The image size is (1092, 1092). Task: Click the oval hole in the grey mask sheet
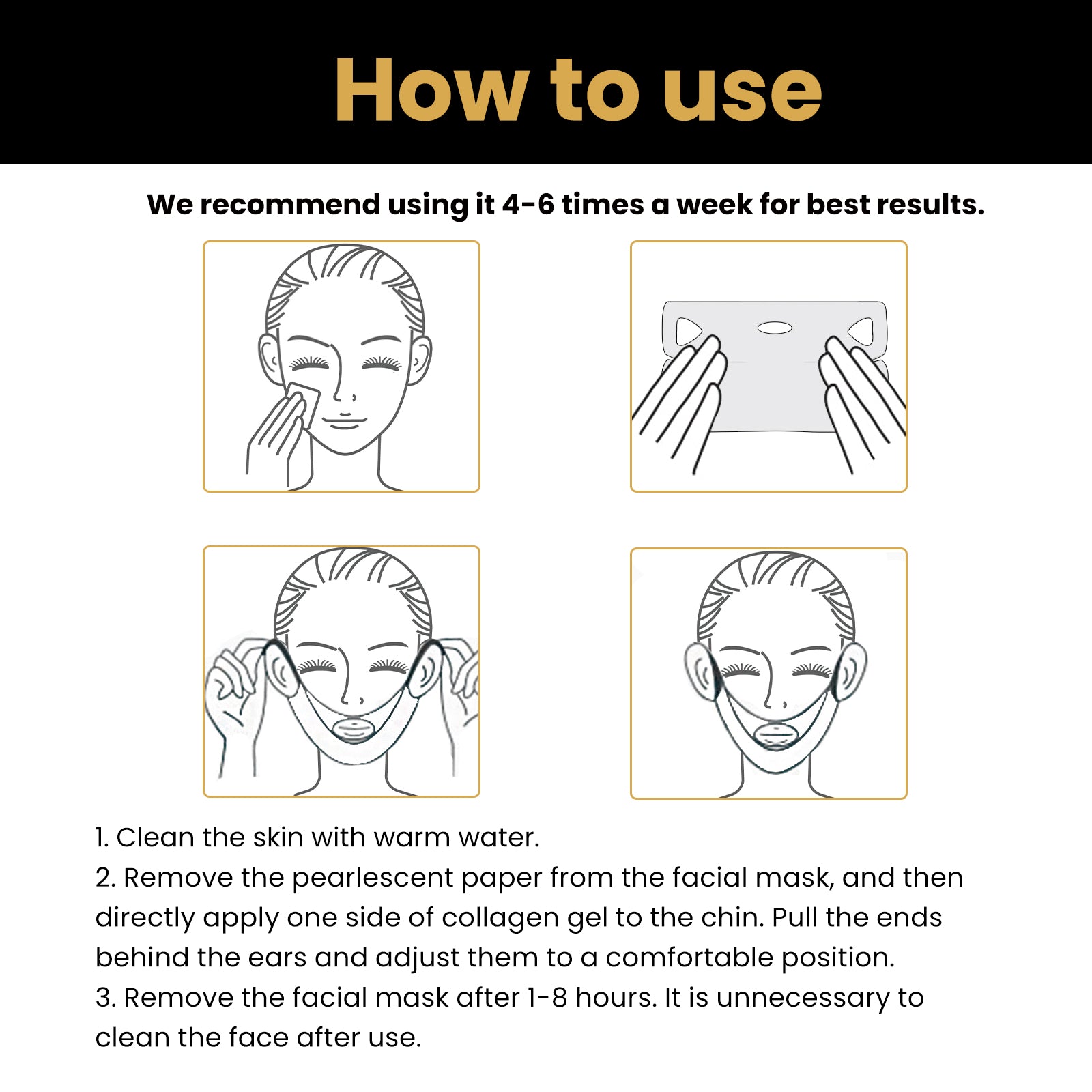(x=775, y=328)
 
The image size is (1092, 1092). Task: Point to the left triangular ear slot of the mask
(x=687, y=332)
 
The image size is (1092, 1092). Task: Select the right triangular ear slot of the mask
(x=861, y=332)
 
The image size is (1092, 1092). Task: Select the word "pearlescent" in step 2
(x=372, y=878)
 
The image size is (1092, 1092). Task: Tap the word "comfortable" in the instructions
(x=689, y=958)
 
